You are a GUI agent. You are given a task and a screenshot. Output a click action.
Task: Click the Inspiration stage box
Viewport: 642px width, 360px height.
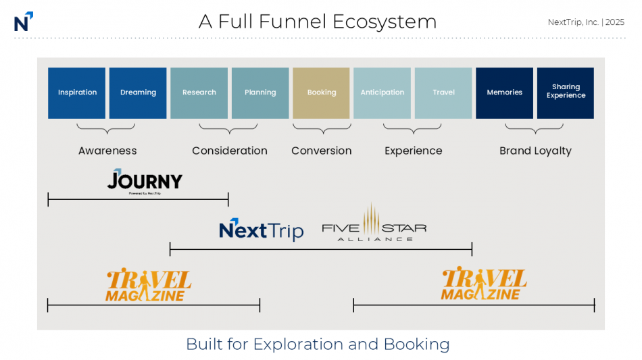(x=76, y=93)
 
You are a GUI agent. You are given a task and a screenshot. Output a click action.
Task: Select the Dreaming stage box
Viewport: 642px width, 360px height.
(x=138, y=93)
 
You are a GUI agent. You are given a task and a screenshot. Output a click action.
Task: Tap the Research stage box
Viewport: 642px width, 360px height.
(x=199, y=93)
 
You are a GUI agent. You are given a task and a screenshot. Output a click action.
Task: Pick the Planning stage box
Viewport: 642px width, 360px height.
(x=260, y=93)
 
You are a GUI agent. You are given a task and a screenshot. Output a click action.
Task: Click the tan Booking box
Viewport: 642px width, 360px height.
(x=321, y=93)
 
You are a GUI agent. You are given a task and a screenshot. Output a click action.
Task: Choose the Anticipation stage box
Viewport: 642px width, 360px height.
(x=382, y=93)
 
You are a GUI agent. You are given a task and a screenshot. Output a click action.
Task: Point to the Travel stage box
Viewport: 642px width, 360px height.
(x=443, y=93)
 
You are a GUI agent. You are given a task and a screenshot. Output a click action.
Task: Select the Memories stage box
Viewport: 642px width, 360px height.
(x=504, y=93)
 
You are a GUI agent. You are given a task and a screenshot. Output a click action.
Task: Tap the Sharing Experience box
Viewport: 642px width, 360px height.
(x=566, y=93)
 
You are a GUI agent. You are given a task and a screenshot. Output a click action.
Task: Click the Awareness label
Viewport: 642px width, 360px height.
(x=107, y=151)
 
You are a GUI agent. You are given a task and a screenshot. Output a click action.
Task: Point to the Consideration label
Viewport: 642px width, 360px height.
(x=230, y=151)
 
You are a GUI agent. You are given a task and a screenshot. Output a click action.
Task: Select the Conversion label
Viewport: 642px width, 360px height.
(x=322, y=151)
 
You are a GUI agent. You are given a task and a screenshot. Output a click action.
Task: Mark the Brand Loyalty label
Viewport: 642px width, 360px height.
(x=535, y=151)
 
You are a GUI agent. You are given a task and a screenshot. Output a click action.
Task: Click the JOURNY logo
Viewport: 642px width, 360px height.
(x=145, y=182)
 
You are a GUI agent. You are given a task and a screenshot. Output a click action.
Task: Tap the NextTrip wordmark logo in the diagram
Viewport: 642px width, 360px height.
(x=261, y=230)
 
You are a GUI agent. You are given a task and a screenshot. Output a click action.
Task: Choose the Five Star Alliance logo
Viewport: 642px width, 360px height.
(x=374, y=225)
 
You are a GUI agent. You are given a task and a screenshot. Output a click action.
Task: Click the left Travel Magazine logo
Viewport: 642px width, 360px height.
(x=148, y=285)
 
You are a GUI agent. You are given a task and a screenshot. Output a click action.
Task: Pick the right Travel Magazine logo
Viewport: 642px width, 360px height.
(x=484, y=284)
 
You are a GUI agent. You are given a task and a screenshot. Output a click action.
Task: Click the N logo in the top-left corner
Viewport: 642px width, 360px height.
(x=23, y=22)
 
